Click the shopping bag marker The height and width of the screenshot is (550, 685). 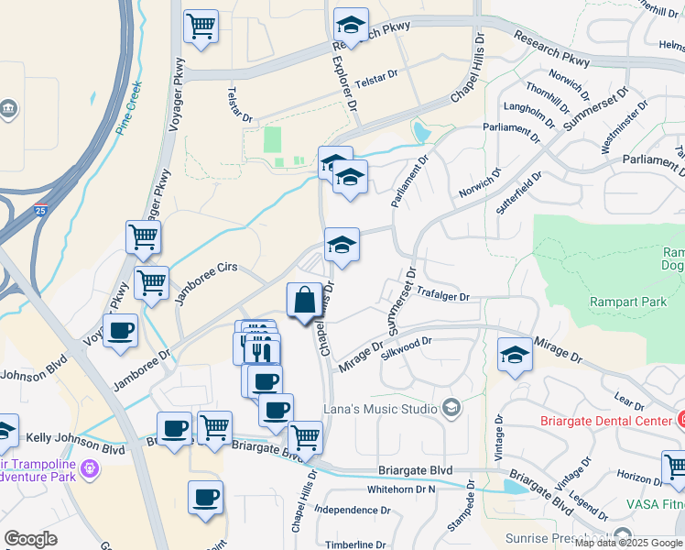point(305,301)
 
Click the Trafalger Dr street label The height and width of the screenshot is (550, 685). point(442,296)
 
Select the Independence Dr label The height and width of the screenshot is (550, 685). point(352,510)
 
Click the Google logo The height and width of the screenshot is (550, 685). point(30,539)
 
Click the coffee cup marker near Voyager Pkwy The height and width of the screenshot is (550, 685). point(120,331)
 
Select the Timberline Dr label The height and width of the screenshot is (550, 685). point(355,544)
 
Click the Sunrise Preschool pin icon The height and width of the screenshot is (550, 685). point(624,536)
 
